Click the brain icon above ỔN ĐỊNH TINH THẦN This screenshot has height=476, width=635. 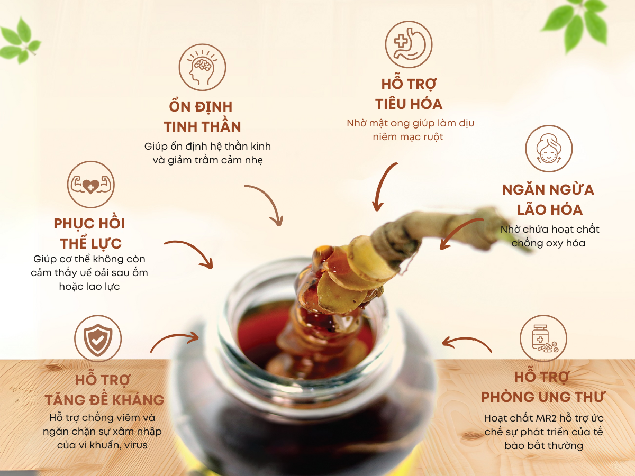point(202,67)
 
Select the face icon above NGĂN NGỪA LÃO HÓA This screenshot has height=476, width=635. point(549,149)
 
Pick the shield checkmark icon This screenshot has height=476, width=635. point(98,338)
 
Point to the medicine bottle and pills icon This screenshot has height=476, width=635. point(543,338)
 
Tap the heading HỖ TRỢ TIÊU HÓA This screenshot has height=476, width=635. point(409,94)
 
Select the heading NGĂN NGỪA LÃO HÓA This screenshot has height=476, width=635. point(548,199)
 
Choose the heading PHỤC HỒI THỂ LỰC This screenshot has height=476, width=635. point(89,233)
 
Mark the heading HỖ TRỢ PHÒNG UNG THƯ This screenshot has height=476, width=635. point(543,387)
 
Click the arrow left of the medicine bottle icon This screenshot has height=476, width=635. point(466,343)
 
